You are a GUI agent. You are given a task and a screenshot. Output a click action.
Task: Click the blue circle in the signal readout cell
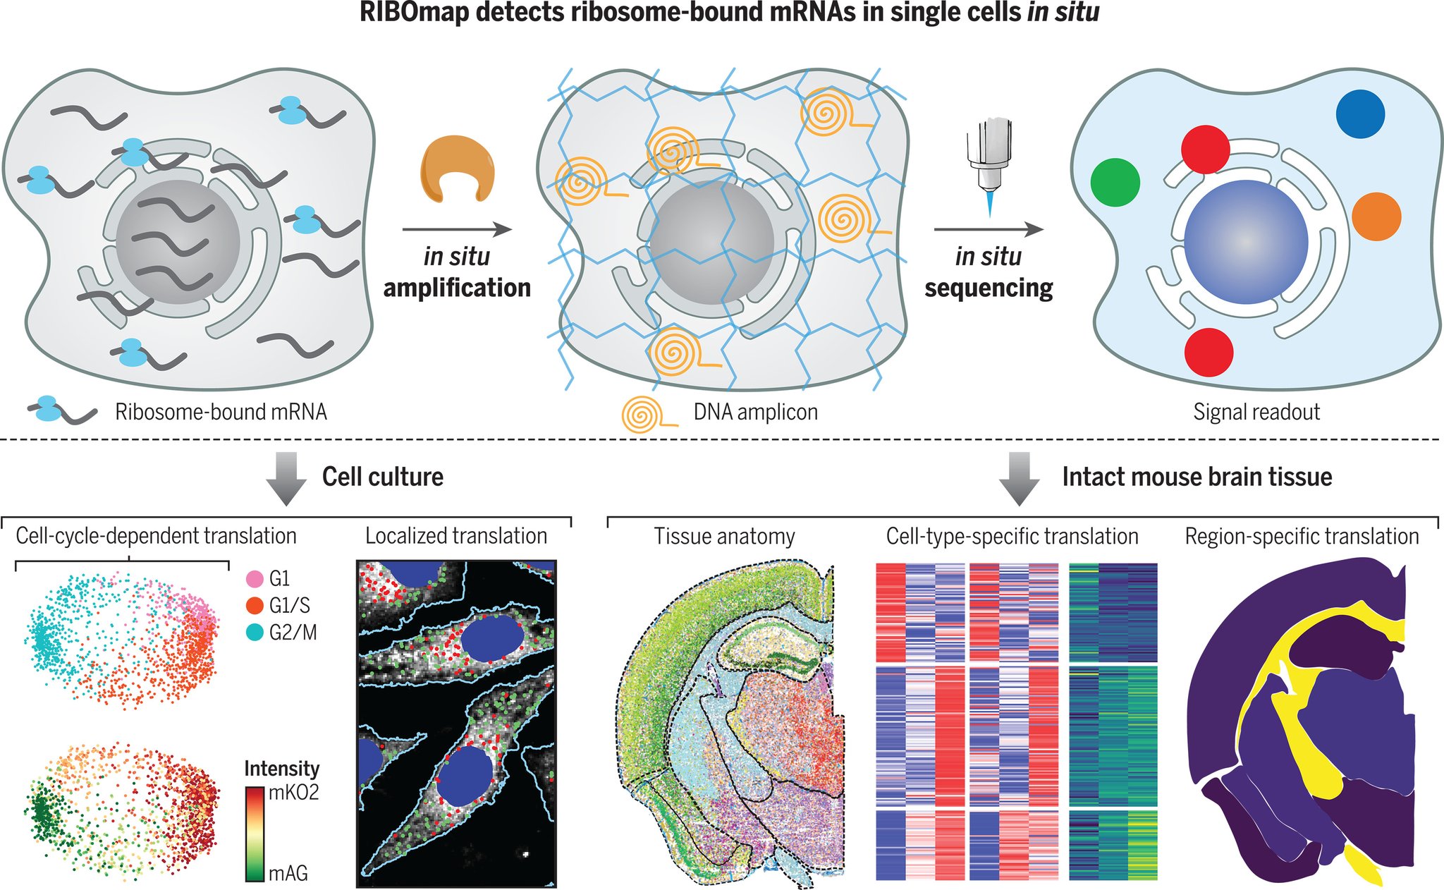tap(1360, 114)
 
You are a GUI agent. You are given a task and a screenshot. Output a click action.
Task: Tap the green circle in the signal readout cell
tap(1115, 182)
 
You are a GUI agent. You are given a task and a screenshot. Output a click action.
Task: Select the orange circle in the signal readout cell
tap(1376, 217)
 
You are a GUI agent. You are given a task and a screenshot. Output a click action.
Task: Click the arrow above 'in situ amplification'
tap(457, 229)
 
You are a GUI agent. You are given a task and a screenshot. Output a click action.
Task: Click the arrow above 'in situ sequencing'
tap(989, 229)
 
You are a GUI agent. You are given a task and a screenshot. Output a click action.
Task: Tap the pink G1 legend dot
tap(255, 580)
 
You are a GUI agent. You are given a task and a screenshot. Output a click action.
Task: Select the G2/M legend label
tap(293, 633)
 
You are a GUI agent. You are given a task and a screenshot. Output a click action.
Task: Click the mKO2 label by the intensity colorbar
tap(293, 793)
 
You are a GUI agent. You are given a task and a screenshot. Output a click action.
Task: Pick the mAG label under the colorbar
tap(288, 874)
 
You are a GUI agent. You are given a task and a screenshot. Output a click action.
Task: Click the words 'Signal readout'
tap(1256, 412)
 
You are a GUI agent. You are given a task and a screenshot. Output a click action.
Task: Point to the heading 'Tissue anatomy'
tap(724, 537)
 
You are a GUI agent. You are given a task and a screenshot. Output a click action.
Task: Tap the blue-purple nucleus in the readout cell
tap(1246, 241)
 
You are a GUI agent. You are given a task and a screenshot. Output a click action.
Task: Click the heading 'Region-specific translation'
tap(1302, 537)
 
